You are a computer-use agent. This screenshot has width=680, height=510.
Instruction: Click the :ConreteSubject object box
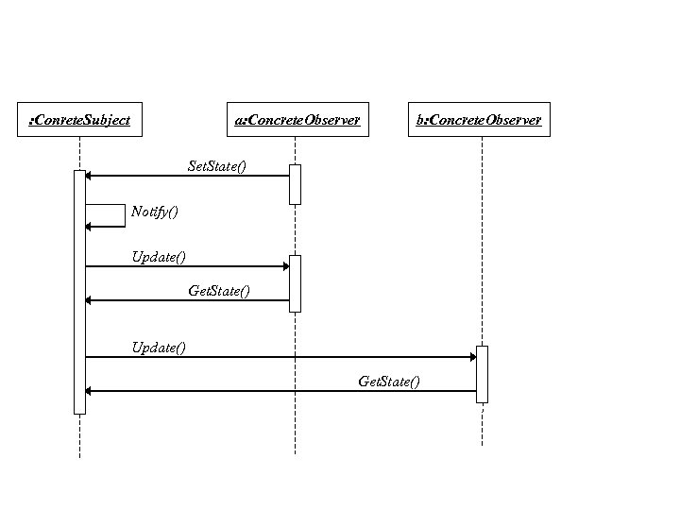pyautogui.click(x=79, y=120)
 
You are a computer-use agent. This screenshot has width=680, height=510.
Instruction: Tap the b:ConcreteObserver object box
pyautogui.click(x=479, y=120)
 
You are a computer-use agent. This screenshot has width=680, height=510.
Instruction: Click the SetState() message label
pyautogui.click(x=217, y=166)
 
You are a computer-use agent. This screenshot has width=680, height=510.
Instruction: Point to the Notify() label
pyautogui.click(x=155, y=212)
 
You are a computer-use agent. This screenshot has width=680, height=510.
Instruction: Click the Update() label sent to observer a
pyautogui.click(x=159, y=257)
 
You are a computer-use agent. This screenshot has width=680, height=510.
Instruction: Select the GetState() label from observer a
pyautogui.click(x=219, y=291)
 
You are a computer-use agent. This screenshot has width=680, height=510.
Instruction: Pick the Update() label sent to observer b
pyautogui.click(x=159, y=348)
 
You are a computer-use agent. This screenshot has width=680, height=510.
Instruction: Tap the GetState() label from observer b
pyautogui.click(x=389, y=382)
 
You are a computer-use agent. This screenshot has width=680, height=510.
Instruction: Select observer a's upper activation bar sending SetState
pyautogui.click(x=295, y=185)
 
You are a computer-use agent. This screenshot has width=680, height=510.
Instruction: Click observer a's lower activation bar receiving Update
pyautogui.click(x=295, y=283)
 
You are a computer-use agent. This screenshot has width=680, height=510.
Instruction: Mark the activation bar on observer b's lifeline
pyautogui.click(x=482, y=374)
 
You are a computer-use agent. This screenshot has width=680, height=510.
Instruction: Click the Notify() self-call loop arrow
pyautogui.click(x=123, y=215)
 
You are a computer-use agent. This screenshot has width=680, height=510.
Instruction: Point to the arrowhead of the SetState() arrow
pyautogui.click(x=90, y=176)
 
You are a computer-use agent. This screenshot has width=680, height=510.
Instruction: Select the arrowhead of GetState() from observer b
pyautogui.click(x=90, y=391)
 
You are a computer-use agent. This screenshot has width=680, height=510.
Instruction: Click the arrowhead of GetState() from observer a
pyautogui.click(x=90, y=300)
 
